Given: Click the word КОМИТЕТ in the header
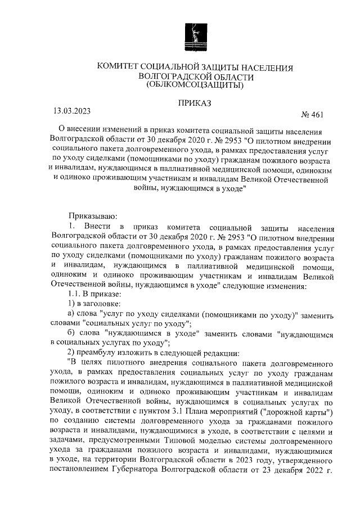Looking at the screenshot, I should click(x=121, y=67).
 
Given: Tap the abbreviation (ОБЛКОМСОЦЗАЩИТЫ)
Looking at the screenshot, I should click(x=195, y=85).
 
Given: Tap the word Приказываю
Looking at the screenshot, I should click(x=92, y=216).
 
